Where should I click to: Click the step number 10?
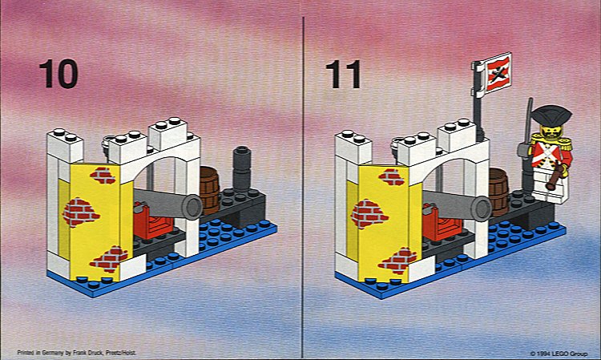(x=58, y=74)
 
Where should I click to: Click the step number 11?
(x=344, y=74)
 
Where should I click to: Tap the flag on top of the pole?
(x=498, y=73)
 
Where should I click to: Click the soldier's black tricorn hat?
(x=551, y=115)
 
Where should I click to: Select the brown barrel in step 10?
(x=209, y=191)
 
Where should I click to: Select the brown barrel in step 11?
(x=498, y=192)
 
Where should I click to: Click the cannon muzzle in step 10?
(x=192, y=206)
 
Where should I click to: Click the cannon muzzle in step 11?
(x=481, y=208)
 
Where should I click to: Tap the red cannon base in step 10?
(x=151, y=222)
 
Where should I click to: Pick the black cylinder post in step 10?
(x=242, y=168)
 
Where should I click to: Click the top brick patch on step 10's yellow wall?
(x=103, y=176)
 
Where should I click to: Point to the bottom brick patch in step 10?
(x=109, y=260)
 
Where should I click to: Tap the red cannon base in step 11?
(x=440, y=224)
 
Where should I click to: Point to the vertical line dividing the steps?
(x=302, y=187)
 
